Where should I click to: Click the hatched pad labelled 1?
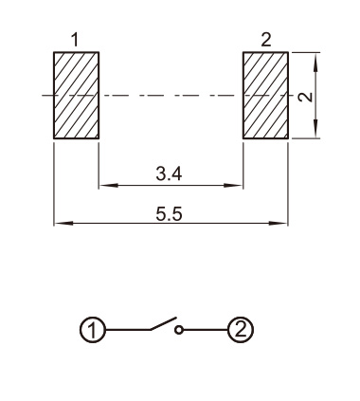(76, 95)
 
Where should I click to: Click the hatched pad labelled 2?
(265, 95)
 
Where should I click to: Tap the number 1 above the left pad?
(75, 40)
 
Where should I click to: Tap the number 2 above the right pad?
(266, 40)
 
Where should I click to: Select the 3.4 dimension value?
(169, 173)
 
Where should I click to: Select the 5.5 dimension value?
(169, 214)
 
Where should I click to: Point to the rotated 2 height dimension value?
(305, 97)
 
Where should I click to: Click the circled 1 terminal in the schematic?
(92, 330)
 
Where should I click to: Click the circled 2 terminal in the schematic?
(241, 330)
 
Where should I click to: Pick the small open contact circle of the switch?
(179, 330)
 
